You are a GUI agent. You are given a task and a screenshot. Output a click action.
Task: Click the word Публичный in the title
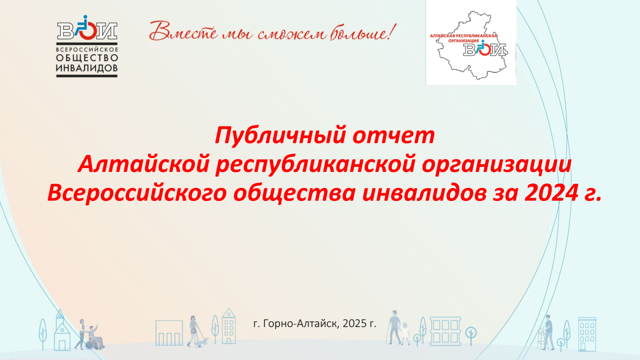pyautogui.click(x=280, y=135)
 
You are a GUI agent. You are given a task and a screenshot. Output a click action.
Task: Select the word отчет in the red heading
pyautogui.click(x=393, y=135)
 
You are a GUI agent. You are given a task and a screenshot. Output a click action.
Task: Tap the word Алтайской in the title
pyautogui.click(x=143, y=164)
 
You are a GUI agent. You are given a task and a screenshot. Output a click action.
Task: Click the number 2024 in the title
pyautogui.click(x=553, y=193)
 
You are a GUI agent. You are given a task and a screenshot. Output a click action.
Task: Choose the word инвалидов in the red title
pyautogui.click(x=424, y=193)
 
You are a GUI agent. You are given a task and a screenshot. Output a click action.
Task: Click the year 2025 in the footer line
pyautogui.click(x=354, y=323)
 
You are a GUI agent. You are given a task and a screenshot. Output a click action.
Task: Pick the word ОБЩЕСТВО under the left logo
pyautogui.click(x=87, y=58)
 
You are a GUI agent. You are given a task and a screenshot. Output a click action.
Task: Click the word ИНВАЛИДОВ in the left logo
pyautogui.click(x=87, y=68)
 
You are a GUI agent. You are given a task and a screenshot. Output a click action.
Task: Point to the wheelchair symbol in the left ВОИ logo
pyautogui.click(x=86, y=27)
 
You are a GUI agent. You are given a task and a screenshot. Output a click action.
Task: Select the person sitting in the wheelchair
pyautogui.click(x=94, y=336)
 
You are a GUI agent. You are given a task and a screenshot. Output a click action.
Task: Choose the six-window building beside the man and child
pyautogui.click(x=445, y=331)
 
